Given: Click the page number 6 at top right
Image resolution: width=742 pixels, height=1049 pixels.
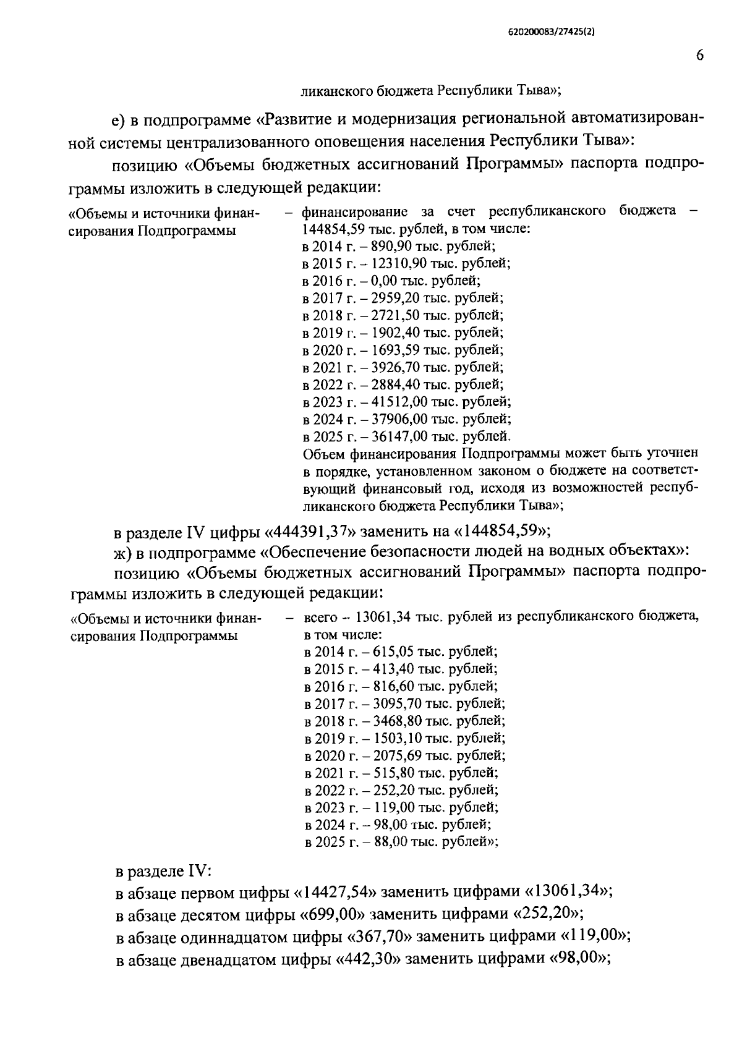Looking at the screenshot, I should click(x=699, y=56).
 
